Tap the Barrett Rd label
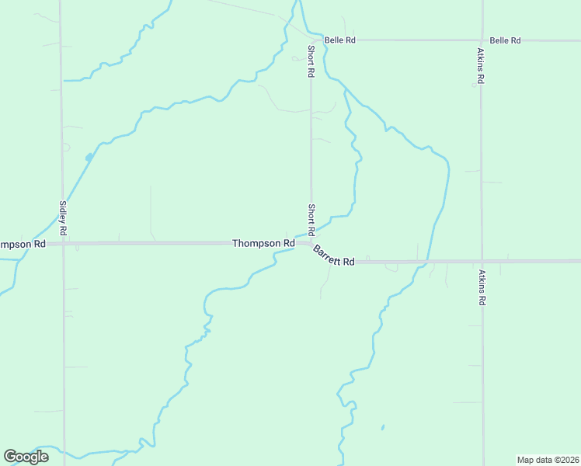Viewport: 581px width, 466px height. pos(334,256)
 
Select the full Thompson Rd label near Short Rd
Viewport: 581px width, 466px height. pos(263,243)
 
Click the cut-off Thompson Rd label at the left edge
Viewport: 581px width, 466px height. pos(23,244)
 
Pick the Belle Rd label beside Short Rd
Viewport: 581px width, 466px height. pos(339,40)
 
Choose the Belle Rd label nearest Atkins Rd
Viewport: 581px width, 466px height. pos(505,40)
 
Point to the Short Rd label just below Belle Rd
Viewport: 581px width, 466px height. pos(310,61)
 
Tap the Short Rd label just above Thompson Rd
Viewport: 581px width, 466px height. pos(311,220)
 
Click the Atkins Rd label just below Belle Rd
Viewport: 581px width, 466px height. pos(482,66)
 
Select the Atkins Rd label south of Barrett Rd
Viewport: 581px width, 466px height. pos(482,287)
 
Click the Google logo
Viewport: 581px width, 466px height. pos(26,457)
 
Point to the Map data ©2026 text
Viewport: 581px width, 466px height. pos(548,459)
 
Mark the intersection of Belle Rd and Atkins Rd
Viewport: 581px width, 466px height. pos(482,40)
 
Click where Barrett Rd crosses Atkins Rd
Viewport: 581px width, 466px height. pos(482,262)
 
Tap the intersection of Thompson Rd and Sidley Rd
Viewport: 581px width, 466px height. pos(63,243)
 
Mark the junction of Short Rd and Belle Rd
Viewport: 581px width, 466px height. pos(311,40)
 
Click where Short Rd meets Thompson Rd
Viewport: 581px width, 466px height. pos(311,242)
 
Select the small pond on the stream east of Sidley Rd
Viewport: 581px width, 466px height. pos(89,158)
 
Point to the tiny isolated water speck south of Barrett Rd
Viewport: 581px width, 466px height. pos(383,426)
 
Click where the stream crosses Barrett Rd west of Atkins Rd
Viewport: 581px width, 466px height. pos(425,263)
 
